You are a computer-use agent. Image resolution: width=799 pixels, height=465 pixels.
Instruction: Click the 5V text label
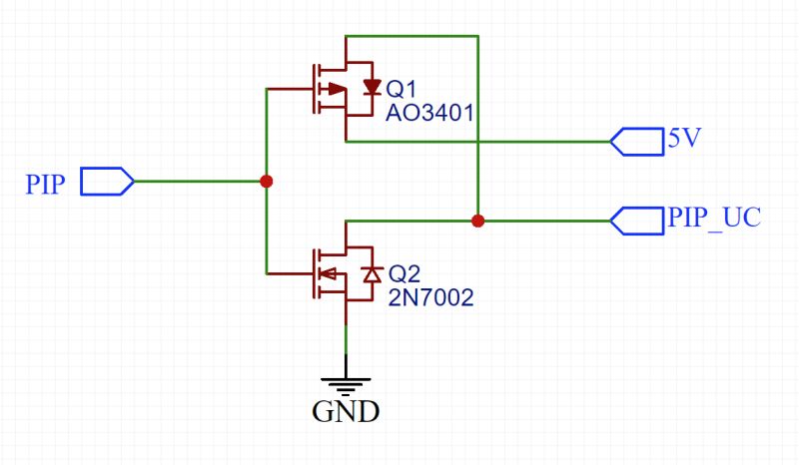683,140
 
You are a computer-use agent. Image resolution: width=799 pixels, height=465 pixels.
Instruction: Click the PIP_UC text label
713,220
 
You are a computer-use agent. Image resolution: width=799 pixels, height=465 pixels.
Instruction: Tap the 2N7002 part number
430,296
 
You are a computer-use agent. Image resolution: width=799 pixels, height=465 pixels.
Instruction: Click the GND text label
346,411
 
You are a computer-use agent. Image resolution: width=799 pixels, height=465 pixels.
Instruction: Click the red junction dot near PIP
266,182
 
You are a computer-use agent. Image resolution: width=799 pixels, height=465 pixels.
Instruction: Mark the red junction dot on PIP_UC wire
477,221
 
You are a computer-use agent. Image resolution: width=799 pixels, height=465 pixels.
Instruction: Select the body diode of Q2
372,272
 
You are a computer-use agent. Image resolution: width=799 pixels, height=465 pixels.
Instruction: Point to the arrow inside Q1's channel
335,88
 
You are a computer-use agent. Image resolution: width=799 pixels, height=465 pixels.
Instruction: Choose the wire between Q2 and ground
346,349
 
